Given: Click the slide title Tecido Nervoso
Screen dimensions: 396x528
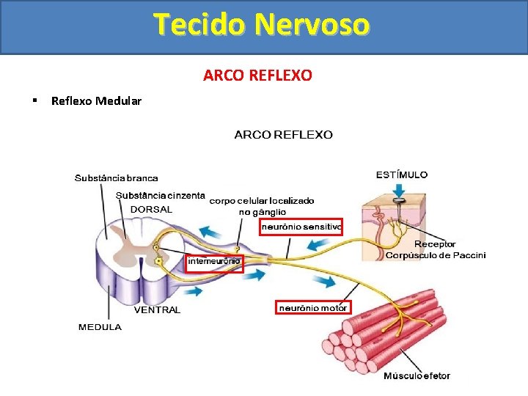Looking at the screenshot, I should (262, 24).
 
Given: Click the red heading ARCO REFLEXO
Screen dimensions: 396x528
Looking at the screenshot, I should (257, 76).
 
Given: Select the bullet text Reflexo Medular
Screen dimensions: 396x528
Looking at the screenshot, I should (96, 101).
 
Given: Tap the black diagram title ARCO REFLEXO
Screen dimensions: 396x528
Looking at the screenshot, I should (283, 135).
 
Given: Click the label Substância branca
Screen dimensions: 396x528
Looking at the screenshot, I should (116, 178).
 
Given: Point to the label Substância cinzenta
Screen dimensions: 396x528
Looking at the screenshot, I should (160, 195).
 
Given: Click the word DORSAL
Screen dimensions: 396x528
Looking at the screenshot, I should (151, 209).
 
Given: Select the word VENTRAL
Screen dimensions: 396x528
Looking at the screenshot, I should (157, 310).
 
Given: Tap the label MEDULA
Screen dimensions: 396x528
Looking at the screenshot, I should (100, 327).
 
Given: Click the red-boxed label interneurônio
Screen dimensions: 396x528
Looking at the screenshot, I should (214, 261).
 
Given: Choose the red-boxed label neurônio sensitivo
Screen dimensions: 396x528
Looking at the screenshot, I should (301, 227).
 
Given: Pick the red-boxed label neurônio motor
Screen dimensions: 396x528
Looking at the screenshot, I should (313, 307).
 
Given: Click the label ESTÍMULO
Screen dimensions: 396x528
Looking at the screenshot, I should (402, 175).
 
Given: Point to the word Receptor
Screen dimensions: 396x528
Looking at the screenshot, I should (435, 244).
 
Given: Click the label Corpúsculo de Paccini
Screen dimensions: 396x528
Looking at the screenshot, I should (435, 255).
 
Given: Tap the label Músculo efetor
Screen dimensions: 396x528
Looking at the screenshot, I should (417, 376).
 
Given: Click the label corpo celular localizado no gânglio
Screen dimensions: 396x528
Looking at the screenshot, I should (262, 205).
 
